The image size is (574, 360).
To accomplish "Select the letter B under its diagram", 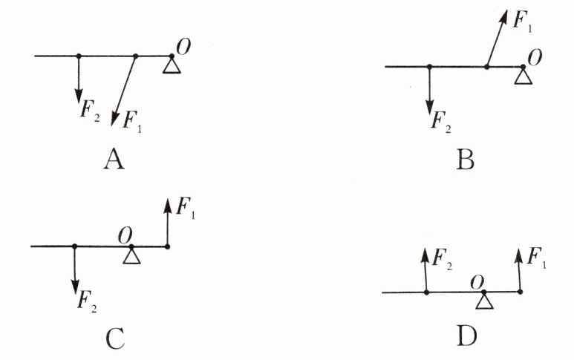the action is pyautogui.click(x=465, y=159).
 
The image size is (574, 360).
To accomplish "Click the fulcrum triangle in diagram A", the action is pyautogui.click(x=172, y=66).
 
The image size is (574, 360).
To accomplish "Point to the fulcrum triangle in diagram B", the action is pyautogui.click(x=523, y=76).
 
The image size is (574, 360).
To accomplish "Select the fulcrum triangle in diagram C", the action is pyautogui.click(x=131, y=255).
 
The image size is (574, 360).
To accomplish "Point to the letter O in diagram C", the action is pyautogui.click(x=125, y=235).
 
